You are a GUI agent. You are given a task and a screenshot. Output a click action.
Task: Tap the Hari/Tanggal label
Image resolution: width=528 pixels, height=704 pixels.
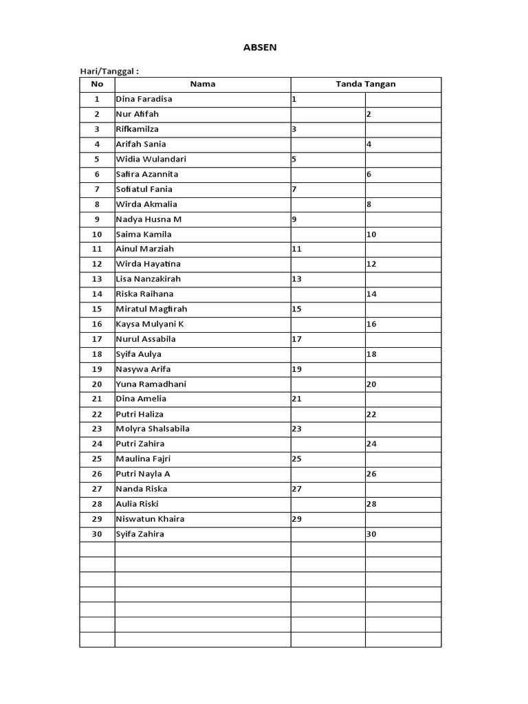point(111,71)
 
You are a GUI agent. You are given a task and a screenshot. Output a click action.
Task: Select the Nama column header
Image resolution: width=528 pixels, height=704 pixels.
point(202,84)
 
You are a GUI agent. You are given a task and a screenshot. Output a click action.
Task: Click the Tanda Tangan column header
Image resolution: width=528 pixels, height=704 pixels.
point(365,84)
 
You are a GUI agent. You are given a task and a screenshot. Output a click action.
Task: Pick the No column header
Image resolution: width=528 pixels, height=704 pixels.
point(97,84)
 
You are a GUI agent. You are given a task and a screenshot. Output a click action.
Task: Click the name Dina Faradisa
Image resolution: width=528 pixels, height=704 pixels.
point(144,99)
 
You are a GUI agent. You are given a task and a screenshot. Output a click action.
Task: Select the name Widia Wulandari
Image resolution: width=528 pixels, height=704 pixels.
point(151,159)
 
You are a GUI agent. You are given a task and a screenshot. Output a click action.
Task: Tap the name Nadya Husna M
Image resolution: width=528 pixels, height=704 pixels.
point(148,219)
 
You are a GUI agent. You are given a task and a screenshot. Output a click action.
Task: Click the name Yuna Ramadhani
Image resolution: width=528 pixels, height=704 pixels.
point(151,384)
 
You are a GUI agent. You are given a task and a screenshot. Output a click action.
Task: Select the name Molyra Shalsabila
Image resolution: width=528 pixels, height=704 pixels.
point(153,428)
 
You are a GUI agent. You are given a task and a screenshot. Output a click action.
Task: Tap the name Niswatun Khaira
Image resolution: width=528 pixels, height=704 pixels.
point(150,518)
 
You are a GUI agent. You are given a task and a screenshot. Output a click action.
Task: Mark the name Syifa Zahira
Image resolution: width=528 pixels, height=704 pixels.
point(140,533)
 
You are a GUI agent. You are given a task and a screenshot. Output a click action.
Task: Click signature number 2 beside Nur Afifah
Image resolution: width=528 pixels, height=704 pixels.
point(369,114)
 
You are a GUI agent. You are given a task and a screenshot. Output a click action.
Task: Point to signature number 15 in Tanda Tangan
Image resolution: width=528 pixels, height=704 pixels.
point(297,309)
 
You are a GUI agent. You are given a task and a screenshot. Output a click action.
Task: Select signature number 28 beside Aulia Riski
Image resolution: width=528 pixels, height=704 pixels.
point(371,504)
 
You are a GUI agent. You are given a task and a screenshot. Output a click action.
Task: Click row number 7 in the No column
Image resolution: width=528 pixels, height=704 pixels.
point(97,189)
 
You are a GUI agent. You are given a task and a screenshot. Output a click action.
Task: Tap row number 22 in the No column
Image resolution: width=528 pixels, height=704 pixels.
point(97,414)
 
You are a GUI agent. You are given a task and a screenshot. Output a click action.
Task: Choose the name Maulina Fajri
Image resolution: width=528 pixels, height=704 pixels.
point(143,459)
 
